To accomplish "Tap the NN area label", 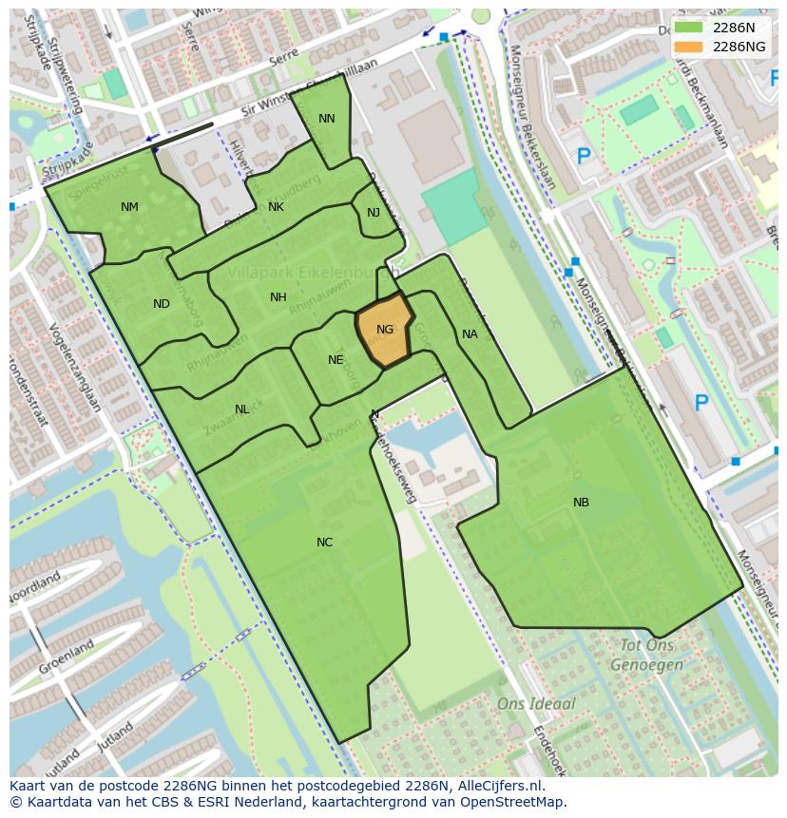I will (x=327, y=119).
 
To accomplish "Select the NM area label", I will (x=129, y=207).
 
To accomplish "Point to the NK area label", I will (x=276, y=207).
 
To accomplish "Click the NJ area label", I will (x=374, y=213).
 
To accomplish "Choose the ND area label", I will (x=162, y=304).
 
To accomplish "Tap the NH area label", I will (x=278, y=297).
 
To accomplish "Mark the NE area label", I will (x=336, y=360).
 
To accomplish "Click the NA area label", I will (x=470, y=334).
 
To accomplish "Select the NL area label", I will (x=242, y=409).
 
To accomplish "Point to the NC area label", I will (x=325, y=542).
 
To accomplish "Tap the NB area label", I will (x=581, y=503).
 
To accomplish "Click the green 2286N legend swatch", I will (x=689, y=28).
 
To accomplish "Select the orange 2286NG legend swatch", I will (x=689, y=47).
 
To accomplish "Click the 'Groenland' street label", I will (x=66, y=656).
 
